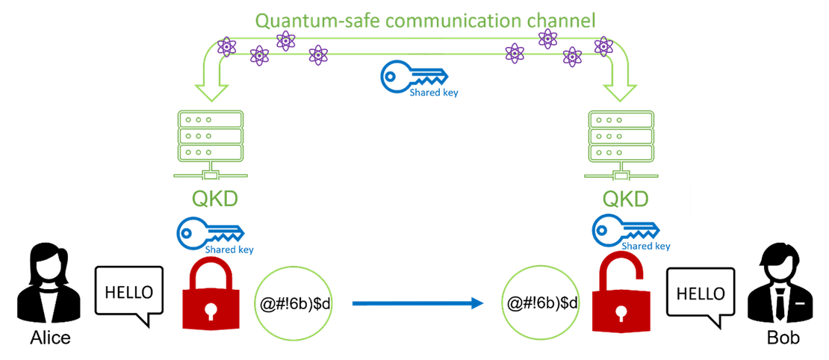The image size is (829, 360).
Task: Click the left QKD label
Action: pos(224,198)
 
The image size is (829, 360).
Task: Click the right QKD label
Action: pos(641,198)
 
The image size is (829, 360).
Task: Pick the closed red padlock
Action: pos(211,296)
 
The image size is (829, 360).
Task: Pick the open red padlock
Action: pos(617,296)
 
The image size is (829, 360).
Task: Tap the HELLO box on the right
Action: pos(700,294)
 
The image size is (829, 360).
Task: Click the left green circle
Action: pos(293,303)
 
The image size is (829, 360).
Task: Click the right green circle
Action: pos(540,303)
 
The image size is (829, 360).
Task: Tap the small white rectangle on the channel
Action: pos(426,46)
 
